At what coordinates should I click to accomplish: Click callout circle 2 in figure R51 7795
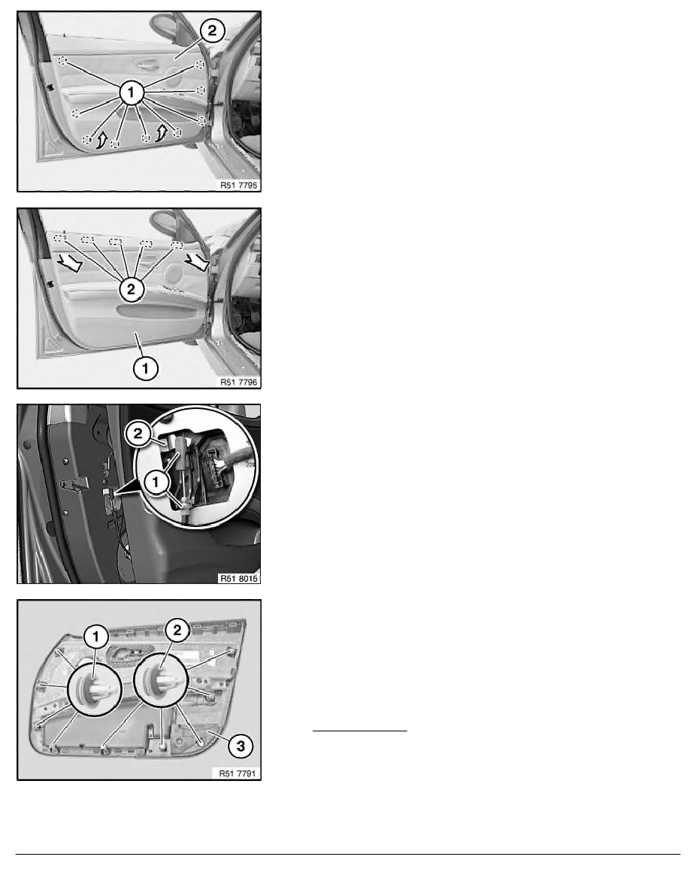(x=212, y=30)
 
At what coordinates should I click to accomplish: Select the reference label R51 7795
(x=238, y=185)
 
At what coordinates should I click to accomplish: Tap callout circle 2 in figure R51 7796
(x=132, y=289)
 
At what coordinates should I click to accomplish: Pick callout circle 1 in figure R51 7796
(x=145, y=368)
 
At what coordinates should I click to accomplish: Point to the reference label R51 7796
(x=238, y=382)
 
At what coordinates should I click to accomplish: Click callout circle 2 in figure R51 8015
(x=138, y=434)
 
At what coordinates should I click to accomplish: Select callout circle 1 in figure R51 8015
(x=156, y=483)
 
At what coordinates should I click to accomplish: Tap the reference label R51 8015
(x=238, y=579)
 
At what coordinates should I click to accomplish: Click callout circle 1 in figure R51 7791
(x=95, y=636)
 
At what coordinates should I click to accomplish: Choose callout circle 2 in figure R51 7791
(x=177, y=630)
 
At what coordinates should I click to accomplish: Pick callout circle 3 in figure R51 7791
(x=241, y=746)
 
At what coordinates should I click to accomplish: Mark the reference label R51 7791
(x=238, y=773)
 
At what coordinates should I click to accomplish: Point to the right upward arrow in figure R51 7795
(x=162, y=133)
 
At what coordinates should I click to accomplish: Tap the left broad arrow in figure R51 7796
(x=69, y=262)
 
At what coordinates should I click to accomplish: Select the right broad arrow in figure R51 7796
(x=197, y=261)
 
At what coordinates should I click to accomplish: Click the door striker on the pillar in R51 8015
(x=74, y=485)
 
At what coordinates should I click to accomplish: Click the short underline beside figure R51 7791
(x=360, y=730)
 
